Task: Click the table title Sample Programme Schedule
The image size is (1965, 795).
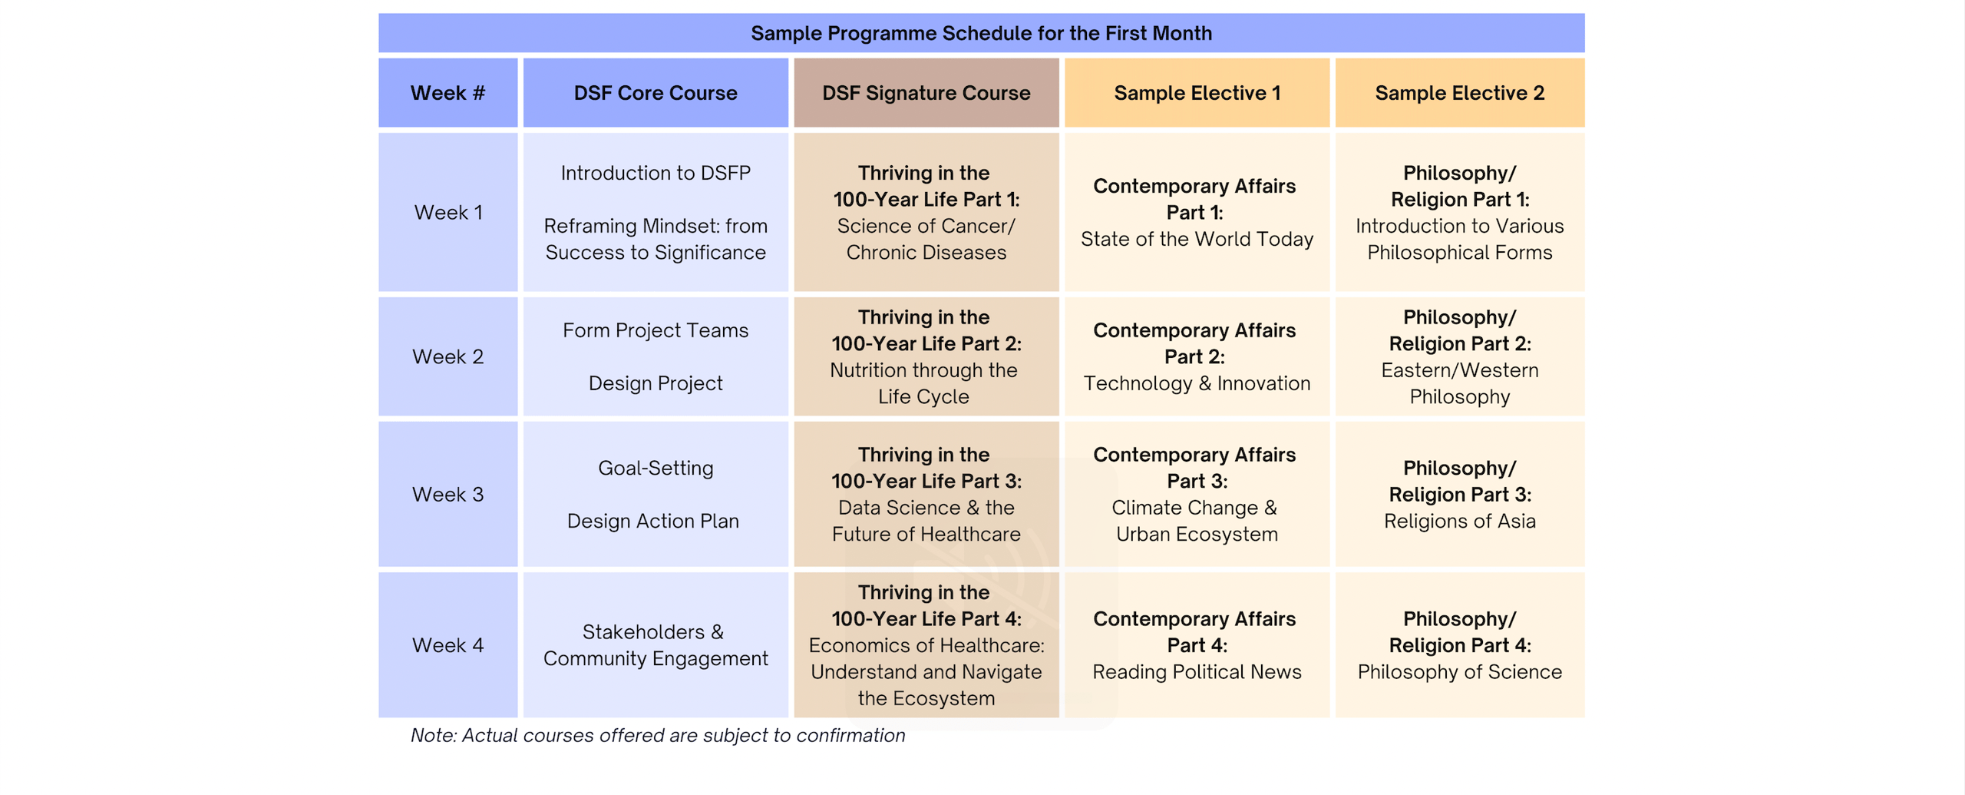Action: click(x=980, y=33)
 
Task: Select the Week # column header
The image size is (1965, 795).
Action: click(x=447, y=93)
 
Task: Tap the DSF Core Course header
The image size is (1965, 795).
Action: click(x=655, y=93)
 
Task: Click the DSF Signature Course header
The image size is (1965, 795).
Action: click(x=926, y=93)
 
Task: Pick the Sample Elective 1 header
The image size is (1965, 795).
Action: click(x=1197, y=93)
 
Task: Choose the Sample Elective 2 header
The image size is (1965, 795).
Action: click(x=1458, y=93)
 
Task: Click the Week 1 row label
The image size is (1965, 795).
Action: click(x=447, y=213)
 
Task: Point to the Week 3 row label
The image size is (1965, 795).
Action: click(x=447, y=494)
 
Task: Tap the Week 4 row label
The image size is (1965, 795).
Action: click(x=447, y=645)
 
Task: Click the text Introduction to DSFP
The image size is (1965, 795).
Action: click(x=655, y=173)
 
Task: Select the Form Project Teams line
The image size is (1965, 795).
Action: click(x=655, y=330)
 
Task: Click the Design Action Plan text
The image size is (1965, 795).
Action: click(x=652, y=521)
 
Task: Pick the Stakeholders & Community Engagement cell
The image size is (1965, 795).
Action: click(x=655, y=645)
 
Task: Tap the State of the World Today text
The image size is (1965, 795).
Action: click(x=1197, y=239)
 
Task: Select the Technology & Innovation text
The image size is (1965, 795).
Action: click(x=1197, y=383)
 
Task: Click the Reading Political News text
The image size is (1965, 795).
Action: click(x=1197, y=672)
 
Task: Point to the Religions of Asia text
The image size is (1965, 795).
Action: click(x=1458, y=521)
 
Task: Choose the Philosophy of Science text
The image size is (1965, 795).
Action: click(x=1458, y=672)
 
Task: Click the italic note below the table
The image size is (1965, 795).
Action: click(x=657, y=735)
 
